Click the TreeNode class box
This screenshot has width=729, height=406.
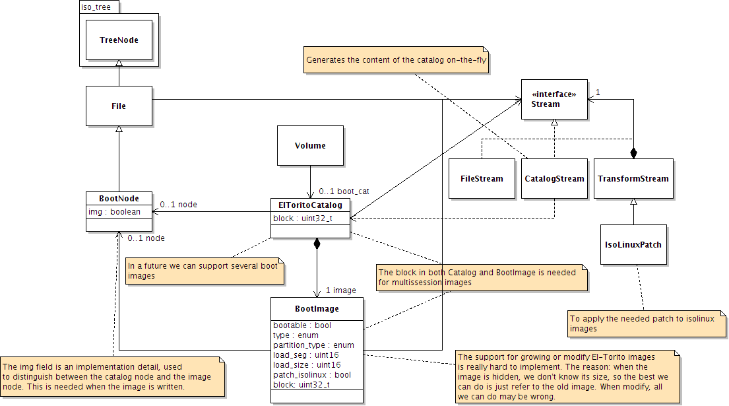[x=119, y=40]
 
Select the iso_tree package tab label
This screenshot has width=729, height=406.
[x=96, y=7]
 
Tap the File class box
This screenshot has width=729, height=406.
[x=119, y=106]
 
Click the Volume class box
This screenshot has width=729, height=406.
[x=310, y=145]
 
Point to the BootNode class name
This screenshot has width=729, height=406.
[x=119, y=197]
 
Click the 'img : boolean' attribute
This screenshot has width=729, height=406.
[x=114, y=212]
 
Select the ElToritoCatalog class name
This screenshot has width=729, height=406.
[x=310, y=205]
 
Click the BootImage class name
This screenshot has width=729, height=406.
[x=317, y=308]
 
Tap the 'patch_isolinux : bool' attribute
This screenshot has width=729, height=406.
[x=312, y=374]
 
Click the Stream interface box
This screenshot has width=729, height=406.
[x=554, y=100]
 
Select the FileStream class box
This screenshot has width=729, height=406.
[x=482, y=178]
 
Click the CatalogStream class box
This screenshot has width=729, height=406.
[x=554, y=178]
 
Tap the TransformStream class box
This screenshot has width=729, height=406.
[x=633, y=178]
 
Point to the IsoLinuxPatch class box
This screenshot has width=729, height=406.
[x=633, y=244]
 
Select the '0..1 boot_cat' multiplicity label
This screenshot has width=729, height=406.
[x=344, y=191]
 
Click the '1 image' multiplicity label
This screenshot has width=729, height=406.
[x=341, y=290]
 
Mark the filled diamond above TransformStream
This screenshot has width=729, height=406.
[x=633, y=153]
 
